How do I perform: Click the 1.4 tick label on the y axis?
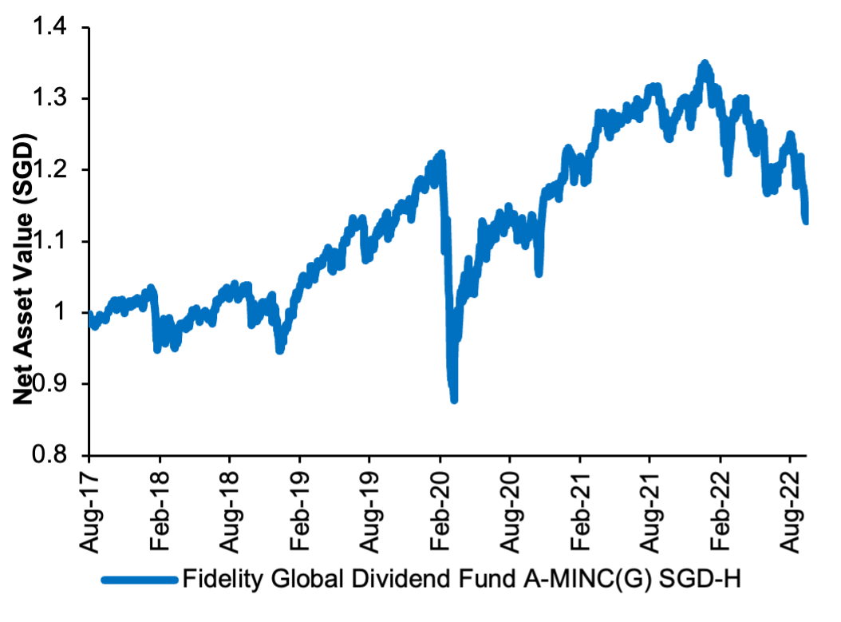click(50, 29)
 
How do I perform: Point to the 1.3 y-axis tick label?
click(50, 100)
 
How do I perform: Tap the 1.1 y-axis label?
click(50, 242)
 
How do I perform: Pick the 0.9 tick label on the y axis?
click(50, 384)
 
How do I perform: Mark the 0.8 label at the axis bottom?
click(50, 455)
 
